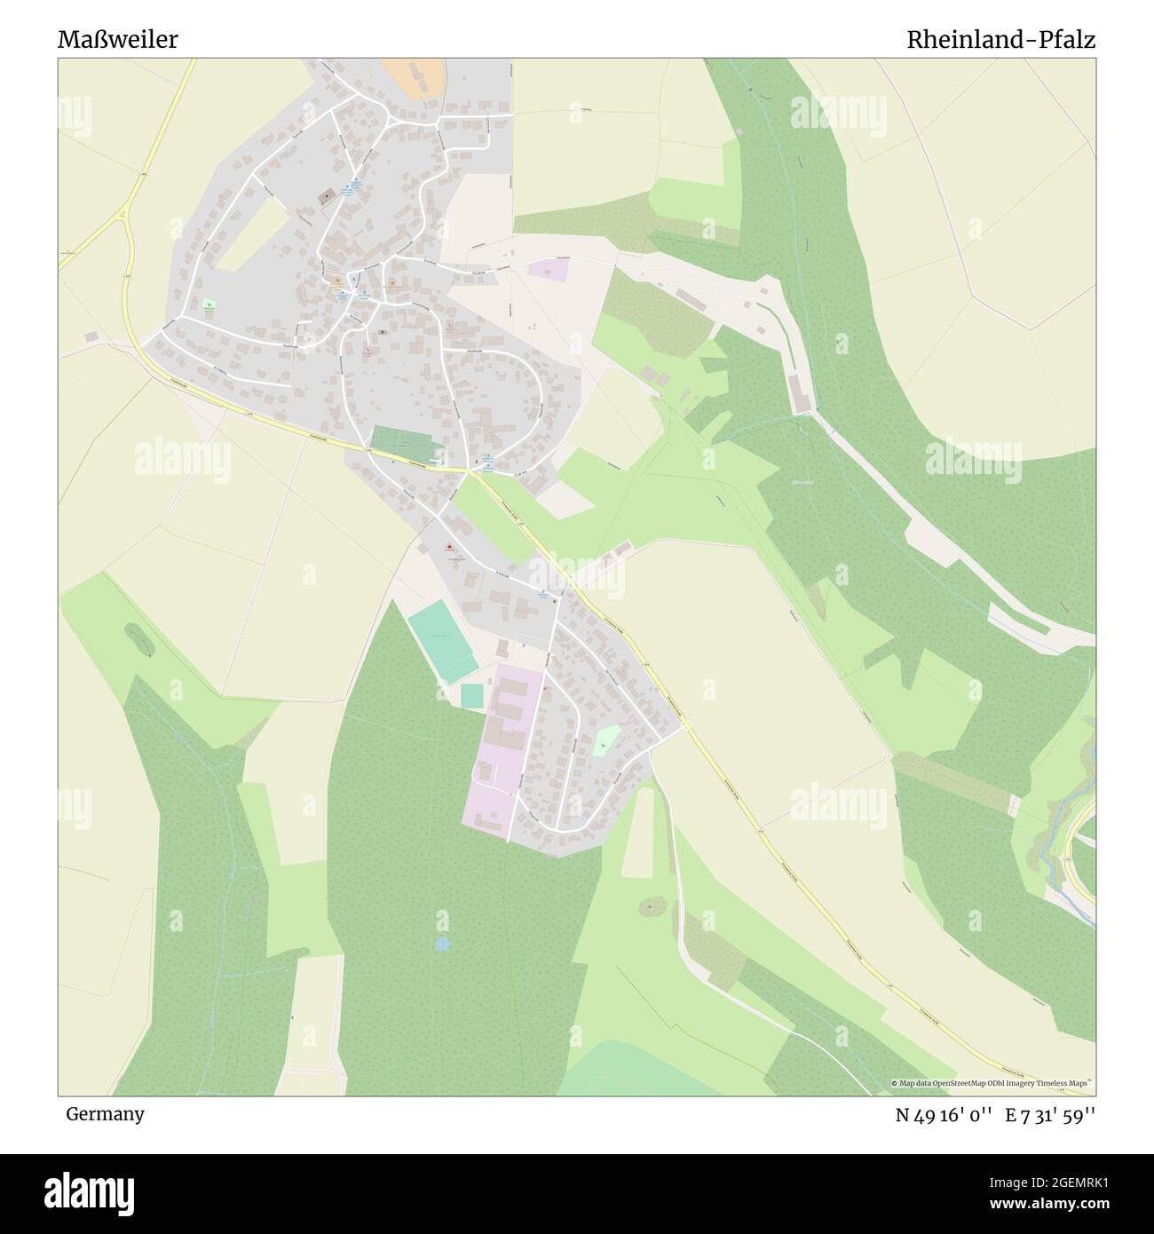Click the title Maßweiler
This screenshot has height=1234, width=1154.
(x=117, y=40)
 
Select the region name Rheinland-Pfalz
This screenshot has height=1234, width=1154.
(x=1000, y=40)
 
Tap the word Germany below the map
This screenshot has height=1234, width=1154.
(x=104, y=1113)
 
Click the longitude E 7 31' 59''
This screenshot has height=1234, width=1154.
(x=1050, y=1115)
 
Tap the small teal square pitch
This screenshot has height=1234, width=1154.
(x=472, y=695)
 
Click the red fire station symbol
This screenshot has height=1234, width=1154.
(x=449, y=546)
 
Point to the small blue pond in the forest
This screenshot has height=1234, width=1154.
(x=441, y=945)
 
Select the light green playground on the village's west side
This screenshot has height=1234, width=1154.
(x=209, y=304)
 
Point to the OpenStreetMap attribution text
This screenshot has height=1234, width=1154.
(x=992, y=1083)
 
